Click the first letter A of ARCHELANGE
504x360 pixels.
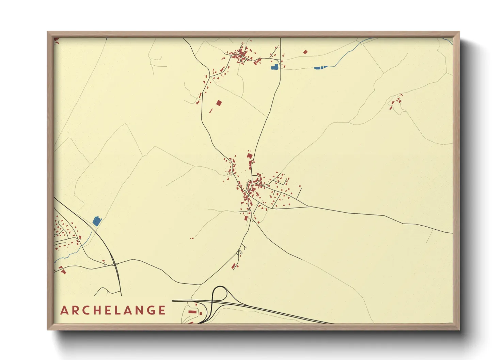64,310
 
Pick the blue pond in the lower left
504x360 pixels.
97,222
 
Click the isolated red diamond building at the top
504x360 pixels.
305,52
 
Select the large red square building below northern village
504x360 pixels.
219,103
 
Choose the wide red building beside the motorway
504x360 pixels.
192,312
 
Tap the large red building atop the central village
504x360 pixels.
249,156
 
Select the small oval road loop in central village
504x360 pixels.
230,174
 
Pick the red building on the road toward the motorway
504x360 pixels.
234,266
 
